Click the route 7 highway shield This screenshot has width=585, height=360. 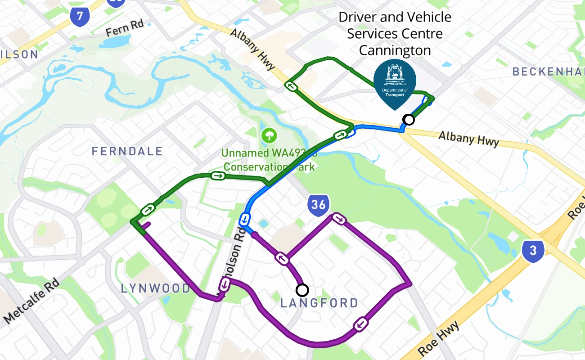(x=80, y=16)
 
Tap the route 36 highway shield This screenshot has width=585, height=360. (x=318, y=204)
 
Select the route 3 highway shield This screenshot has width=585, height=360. (x=533, y=251)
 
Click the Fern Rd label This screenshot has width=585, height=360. (x=124, y=28)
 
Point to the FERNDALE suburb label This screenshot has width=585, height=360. (x=127, y=151)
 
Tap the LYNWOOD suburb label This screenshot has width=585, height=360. (x=156, y=288)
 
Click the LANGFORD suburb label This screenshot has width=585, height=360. (x=319, y=303)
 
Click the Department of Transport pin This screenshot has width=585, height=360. (x=395, y=83)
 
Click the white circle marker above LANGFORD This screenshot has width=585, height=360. (x=302, y=289)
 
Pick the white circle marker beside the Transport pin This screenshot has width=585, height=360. (x=409, y=119)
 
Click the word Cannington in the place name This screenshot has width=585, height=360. (x=395, y=50)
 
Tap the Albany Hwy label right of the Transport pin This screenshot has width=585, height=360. (x=468, y=139)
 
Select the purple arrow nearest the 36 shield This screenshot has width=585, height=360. (x=339, y=219)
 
